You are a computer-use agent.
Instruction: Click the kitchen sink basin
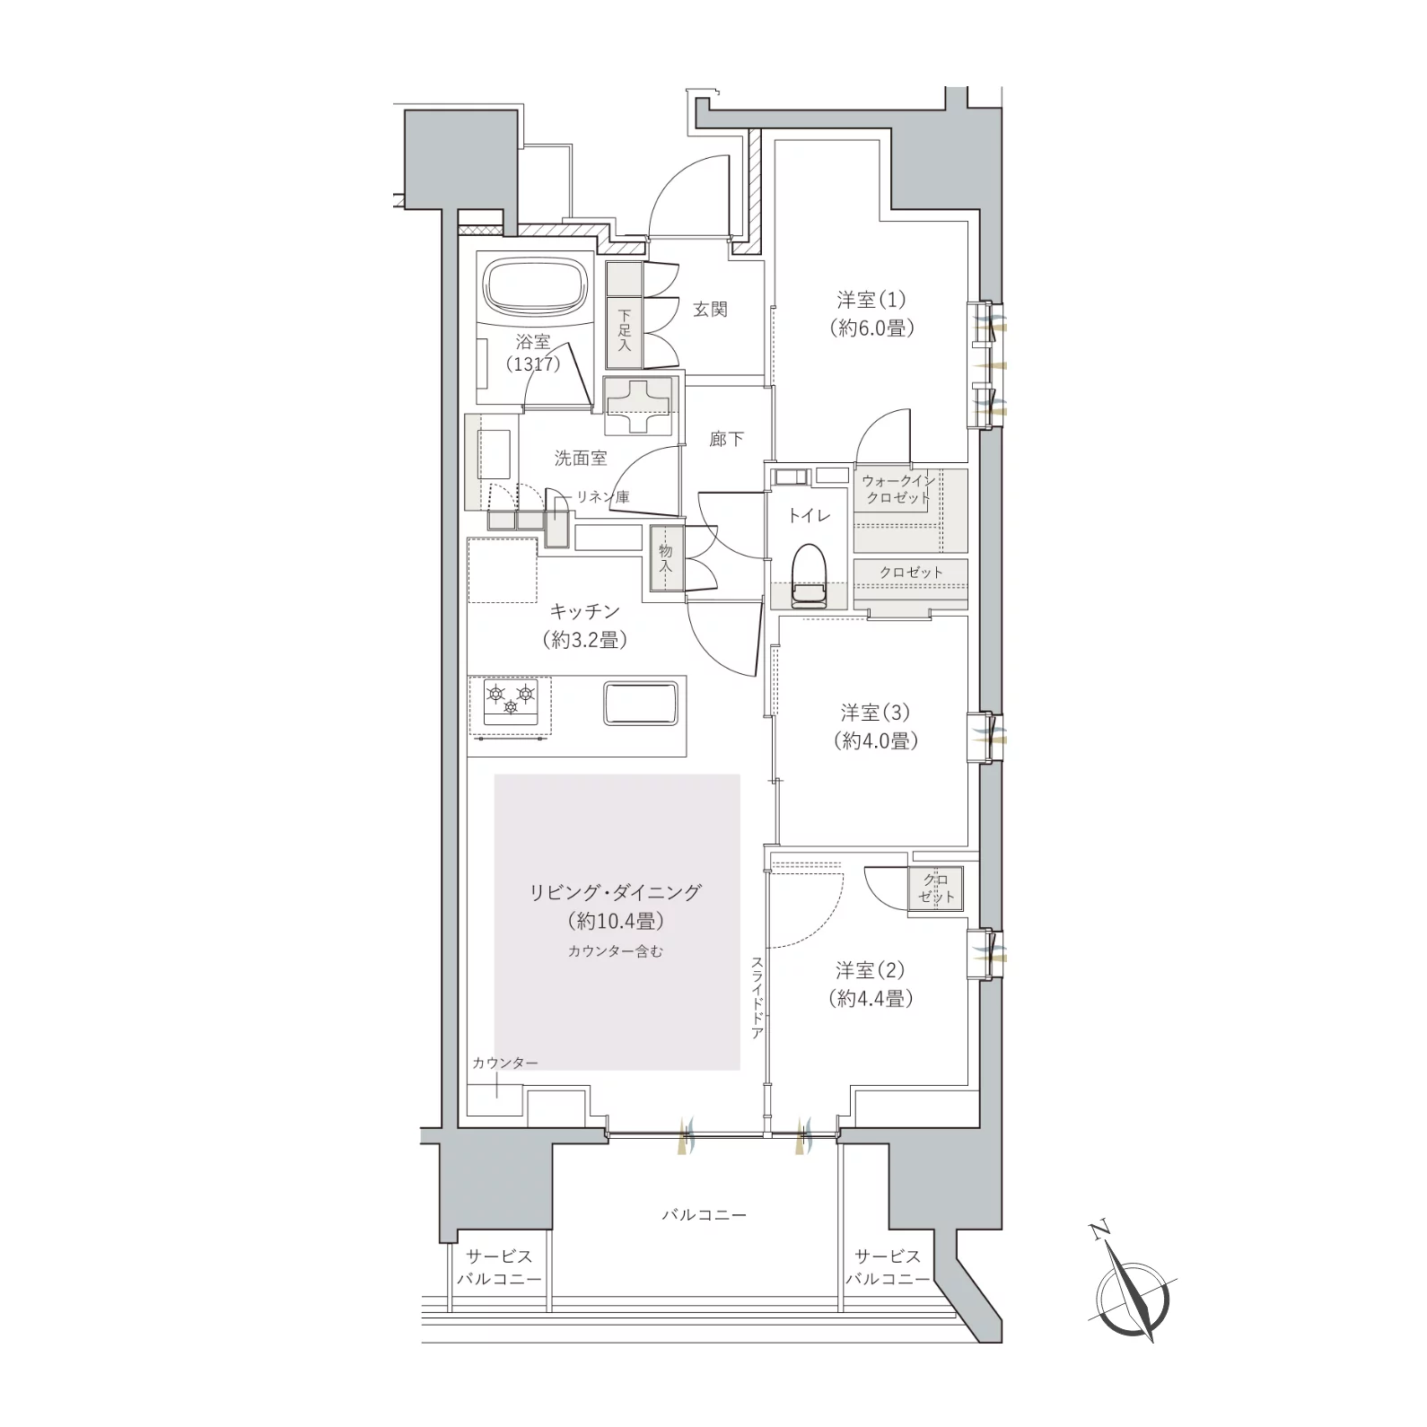pos(640,702)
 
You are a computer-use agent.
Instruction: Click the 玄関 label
pos(710,310)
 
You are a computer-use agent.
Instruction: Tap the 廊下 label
pos(726,440)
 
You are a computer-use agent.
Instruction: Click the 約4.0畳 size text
pos(874,741)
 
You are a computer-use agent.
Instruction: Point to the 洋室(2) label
pos(871,970)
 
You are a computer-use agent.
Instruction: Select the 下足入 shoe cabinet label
pos(624,331)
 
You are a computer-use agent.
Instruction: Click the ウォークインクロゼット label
pos(897,489)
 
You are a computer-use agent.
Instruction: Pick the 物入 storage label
pos(665,559)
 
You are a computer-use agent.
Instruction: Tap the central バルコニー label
pos(704,1215)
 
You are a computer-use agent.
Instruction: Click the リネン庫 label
pos(603,496)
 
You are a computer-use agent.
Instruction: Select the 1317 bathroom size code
pos(532,364)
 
